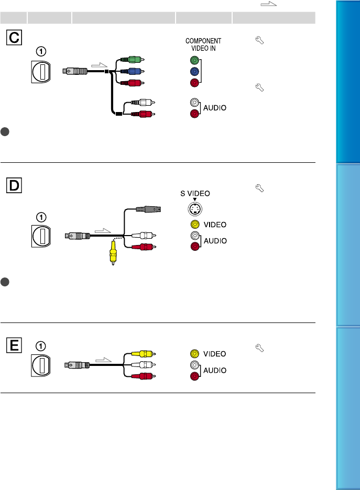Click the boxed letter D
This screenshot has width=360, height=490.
[x=14, y=185]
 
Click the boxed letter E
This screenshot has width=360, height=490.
[x=14, y=346]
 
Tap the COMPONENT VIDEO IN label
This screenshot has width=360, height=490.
[x=203, y=44]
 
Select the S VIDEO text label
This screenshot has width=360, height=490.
[x=195, y=193]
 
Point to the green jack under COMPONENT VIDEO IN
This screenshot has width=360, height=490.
[x=195, y=61]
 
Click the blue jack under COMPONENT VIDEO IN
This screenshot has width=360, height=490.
[x=195, y=72]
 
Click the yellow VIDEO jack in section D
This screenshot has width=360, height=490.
[x=194, y=225]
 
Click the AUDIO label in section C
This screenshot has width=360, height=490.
[x=215, y=108]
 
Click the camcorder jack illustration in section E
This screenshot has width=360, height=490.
[x=40, y=366]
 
